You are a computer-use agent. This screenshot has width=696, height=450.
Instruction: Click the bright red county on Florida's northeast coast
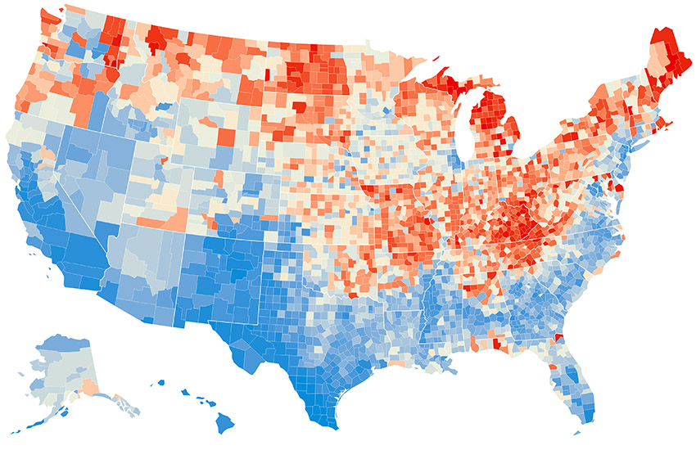tap(559, 339)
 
